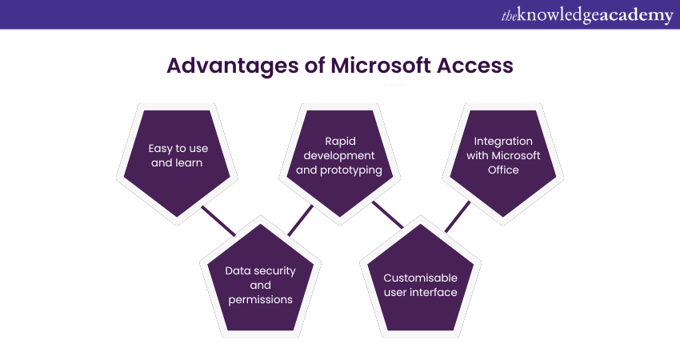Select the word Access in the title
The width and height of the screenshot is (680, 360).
[x=475, y=66]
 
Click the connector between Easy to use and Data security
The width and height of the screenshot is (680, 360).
[x=218, y=221]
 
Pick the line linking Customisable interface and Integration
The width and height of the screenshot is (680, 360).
[x=458, y=216]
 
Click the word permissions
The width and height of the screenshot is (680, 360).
[x=260, y=299]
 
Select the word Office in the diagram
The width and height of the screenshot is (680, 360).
[x=504, y=170]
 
